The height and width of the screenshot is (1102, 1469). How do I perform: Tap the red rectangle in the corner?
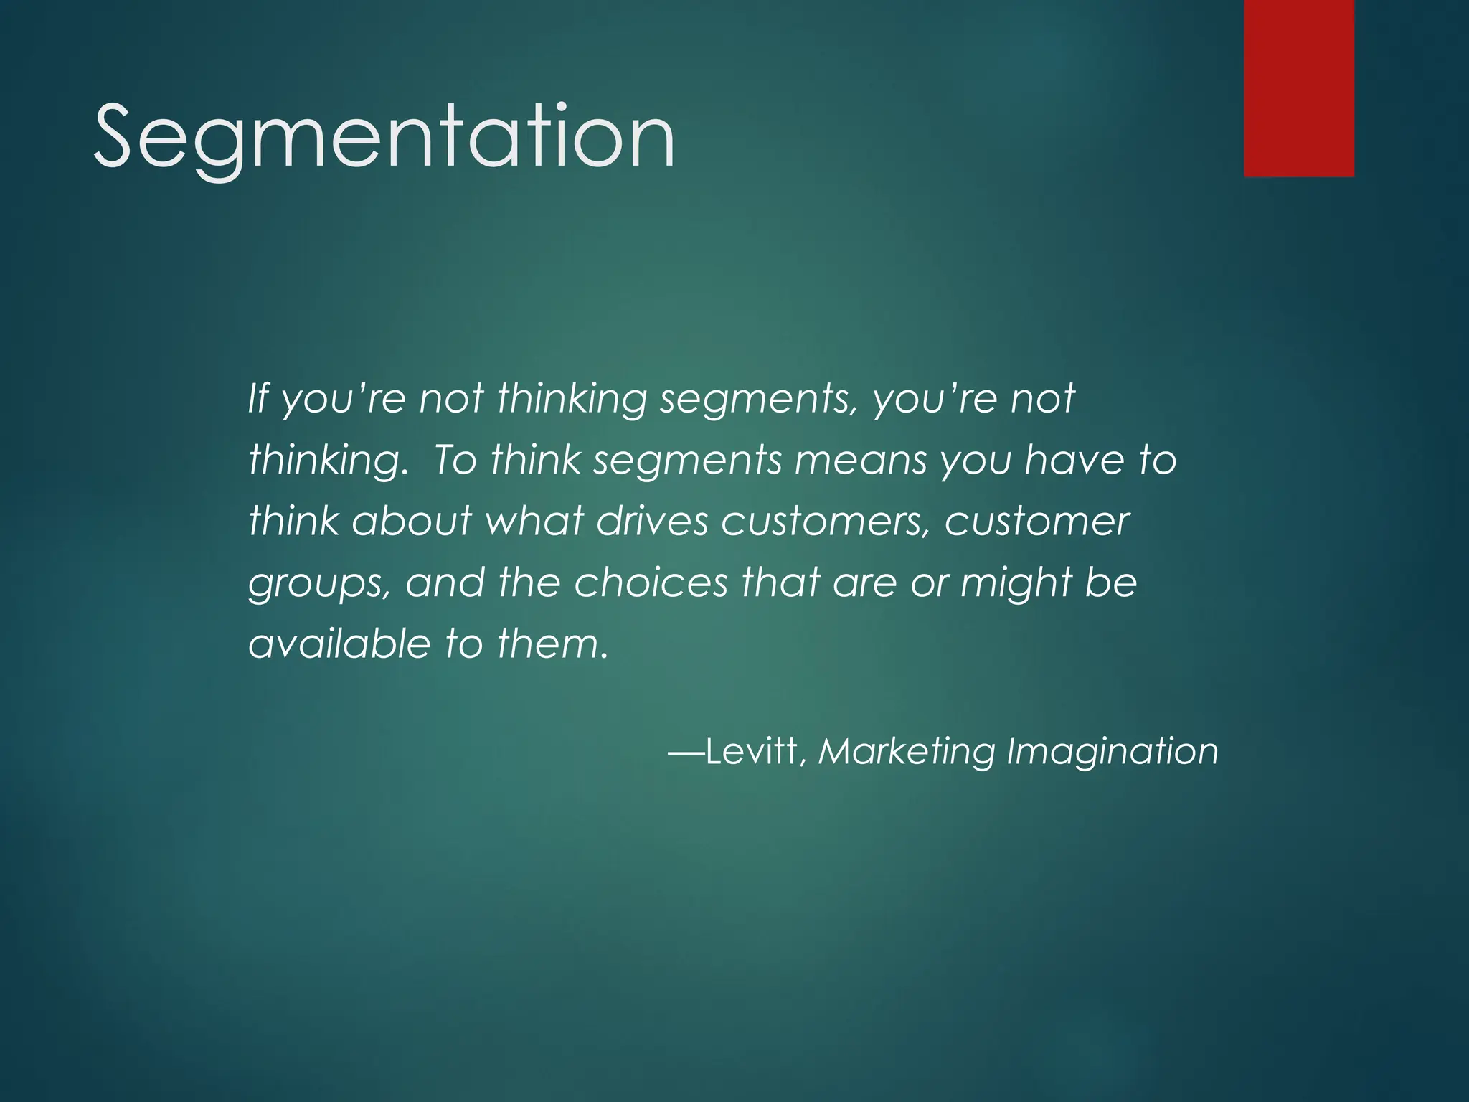pos(1299,88)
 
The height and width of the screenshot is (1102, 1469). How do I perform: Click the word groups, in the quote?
pos(318,584)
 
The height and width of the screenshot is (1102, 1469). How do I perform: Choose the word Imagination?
pos(1112,751)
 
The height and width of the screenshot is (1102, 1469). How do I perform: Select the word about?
pos(412,521)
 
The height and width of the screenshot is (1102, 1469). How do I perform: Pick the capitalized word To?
pos(454,460)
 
